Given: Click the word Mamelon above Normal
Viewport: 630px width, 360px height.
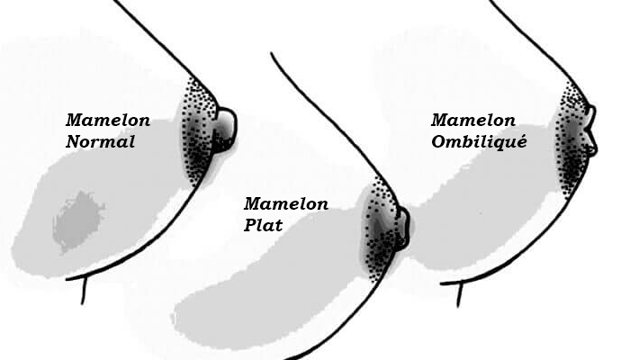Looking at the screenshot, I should pos(108,121).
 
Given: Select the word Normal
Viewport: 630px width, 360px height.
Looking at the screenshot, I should pos(100,141).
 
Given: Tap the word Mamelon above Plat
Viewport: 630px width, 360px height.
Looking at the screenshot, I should pos(285,204).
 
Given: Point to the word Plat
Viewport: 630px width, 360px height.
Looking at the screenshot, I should pos(263,225).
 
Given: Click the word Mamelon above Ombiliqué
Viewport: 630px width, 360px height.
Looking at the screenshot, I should pos(472,121).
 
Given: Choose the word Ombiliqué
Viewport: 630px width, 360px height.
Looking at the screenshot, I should pos(478,141).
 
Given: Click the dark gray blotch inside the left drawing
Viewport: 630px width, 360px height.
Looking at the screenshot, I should pos(77,220).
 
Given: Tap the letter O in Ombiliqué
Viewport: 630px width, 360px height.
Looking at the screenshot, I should pos(438,141).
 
